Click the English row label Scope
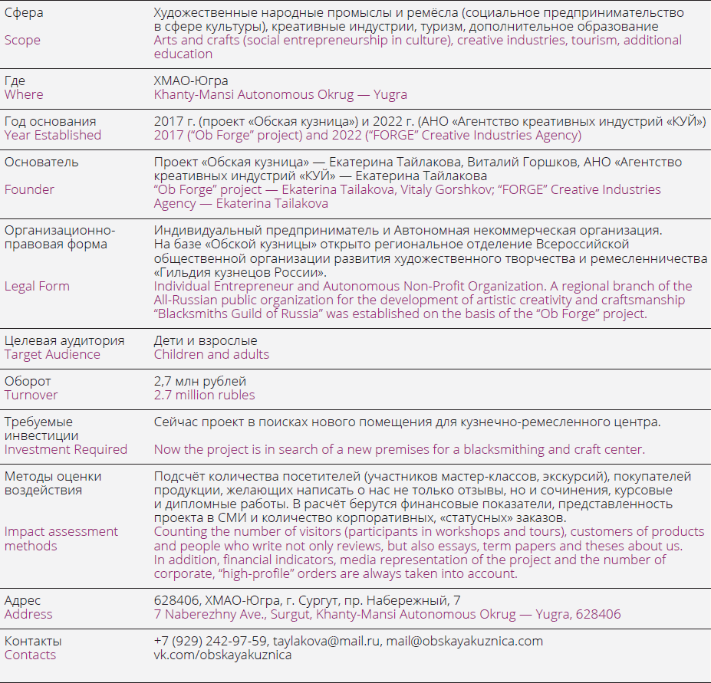tap(22, 40)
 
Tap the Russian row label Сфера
tap(24, 13)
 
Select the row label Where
tap(24, 94)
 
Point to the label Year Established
tap(53, 135)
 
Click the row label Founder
tap(29, 189)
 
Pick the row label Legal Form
tap(37, 286)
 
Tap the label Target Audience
tap(52, 354)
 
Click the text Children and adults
tap(212, 354)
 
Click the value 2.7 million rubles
tap(204, 395)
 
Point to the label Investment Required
tap(66, 449)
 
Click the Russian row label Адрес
tap(23, 600)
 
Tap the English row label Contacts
tap(30, 655)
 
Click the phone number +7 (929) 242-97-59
tap(210, 641)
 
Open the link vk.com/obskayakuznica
tap(222, 655)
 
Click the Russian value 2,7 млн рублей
tap(200, 381)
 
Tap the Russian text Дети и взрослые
tap(206, 340)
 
